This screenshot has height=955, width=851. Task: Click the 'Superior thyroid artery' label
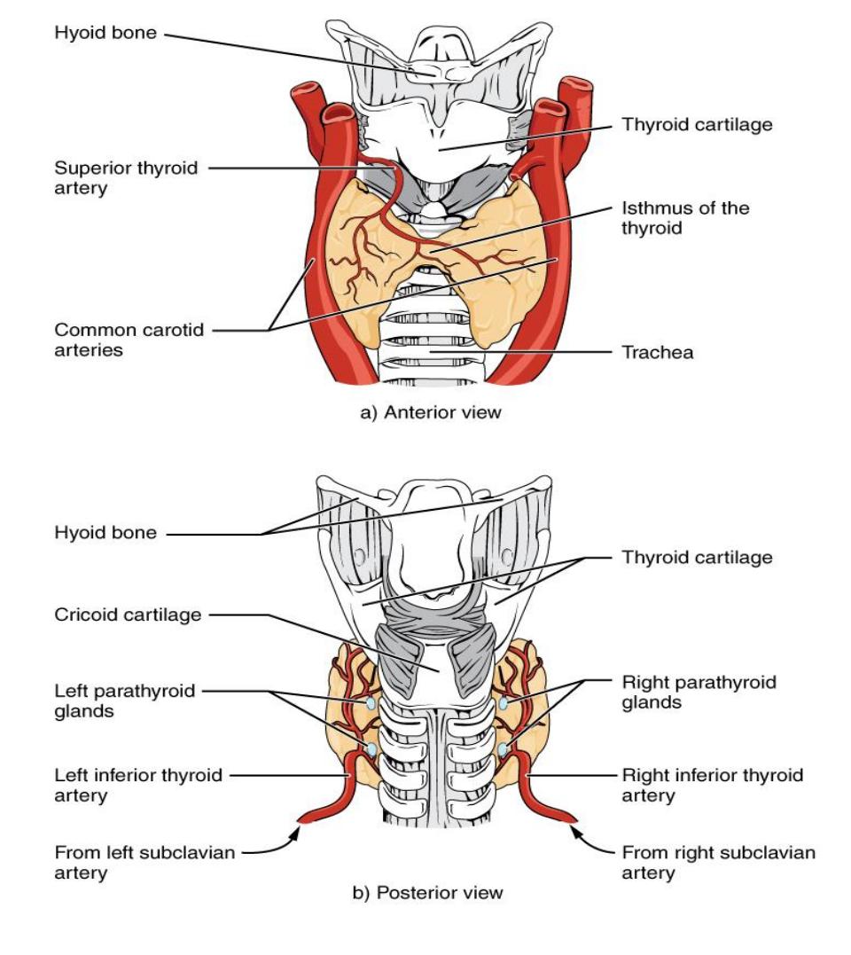pyautogui.click(x=126, y=178)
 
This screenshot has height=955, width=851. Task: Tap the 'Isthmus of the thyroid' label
pyautogui.click(x=685, y=218)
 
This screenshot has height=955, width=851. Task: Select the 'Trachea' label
pyautogui.click(x=658, y=353)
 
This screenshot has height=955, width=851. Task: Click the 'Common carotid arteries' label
pyautogui.click(x=129, y=340)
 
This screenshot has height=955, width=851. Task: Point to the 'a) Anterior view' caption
pyautogui.click(x=431, y=412)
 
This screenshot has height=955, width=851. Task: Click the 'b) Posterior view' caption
pyautogui.click(x=428, y=893)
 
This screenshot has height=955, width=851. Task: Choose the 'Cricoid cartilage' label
pyautogui.click(x=128, y=614)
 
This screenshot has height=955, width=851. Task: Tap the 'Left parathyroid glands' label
pyautogui.click(x=125, y=701)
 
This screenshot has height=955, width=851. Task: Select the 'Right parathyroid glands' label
pyautogui.click(x=699, y=692)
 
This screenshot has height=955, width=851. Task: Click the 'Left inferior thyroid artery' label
pyautogui.click(x=138, y=785)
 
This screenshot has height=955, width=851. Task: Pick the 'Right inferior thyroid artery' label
pyautogui.click(x=712, y=785)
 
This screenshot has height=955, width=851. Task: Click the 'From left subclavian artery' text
pyautogui.click(x=144, y=863)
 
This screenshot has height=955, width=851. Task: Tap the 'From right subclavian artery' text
pyautogui.click(x=718, y=863)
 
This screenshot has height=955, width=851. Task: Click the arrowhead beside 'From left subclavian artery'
pyautogui.click(x=295, y=834)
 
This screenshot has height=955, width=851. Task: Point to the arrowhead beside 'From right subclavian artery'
pyautogui.click(x=574, y=832)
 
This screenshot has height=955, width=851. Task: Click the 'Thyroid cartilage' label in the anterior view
pyautogui.click(x=697, y=125)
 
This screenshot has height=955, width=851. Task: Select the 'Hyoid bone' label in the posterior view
pyautogui.click(x=105, y=533)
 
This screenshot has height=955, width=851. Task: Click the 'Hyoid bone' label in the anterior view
pyautogui.click(x=105, y=32)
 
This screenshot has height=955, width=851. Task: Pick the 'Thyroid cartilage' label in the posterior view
pyautogui.click(x=697, y=558)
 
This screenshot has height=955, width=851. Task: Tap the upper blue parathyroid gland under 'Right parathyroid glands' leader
pyautogui.click(x=504, y=704)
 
